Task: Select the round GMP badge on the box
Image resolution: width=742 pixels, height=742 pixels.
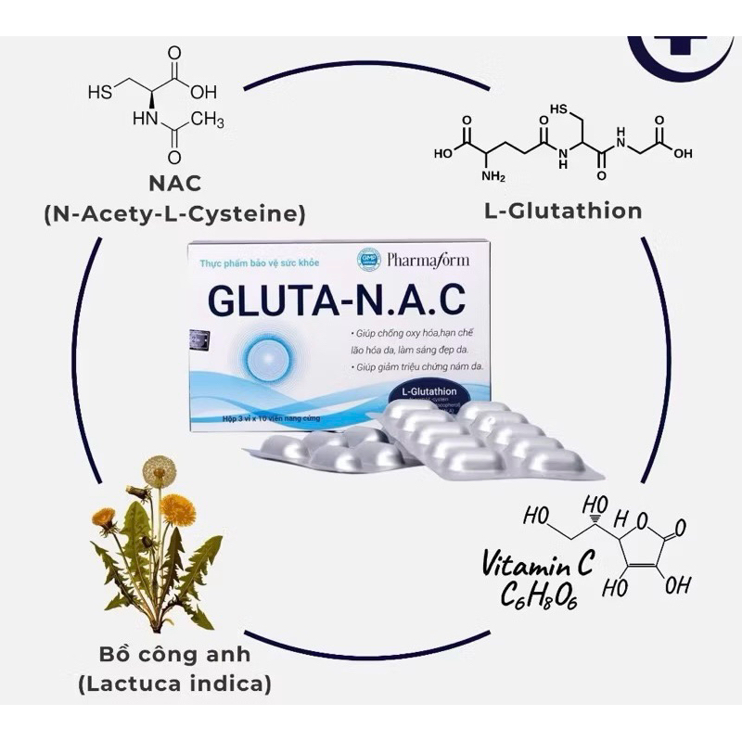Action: (x=367, y=260)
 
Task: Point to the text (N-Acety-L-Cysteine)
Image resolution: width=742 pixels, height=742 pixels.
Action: (x=174, y=215)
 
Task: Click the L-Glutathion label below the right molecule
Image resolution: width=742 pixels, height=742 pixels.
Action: (x=563, y=211)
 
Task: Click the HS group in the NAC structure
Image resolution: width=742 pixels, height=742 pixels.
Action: (x=98, y=92)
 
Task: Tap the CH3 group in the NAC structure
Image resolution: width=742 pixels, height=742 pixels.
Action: (x=208, y=120)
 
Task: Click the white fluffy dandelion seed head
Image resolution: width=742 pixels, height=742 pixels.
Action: (x=160, y=470)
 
